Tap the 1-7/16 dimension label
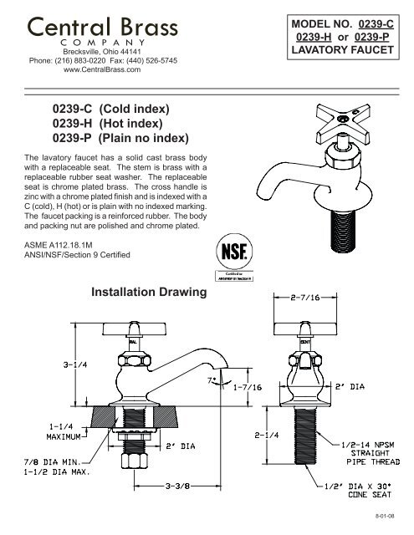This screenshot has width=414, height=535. (243, 387)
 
